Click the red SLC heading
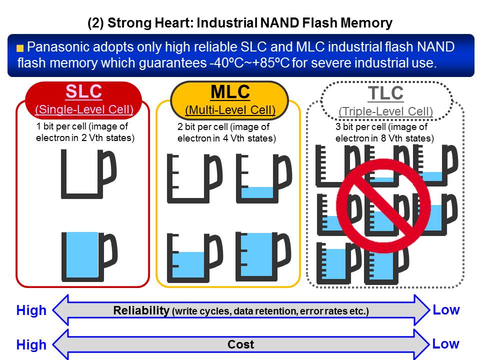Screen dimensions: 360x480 pyautogui.click(x=83, y=92)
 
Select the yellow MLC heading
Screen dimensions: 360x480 pyautogui.click(x=230, y=92)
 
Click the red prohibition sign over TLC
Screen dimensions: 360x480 pyautogui.click(x=384, y=200)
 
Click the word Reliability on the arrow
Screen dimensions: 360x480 pyautogui.click(x=141, y=310)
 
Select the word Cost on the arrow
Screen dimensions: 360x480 pyautogui.click(x=240, y=344)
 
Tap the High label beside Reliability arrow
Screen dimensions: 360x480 pyautogui.click(x=31, y=310)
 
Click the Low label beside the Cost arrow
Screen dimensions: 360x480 pyautogui.click(x=446, y=344)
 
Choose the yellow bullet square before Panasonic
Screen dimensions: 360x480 pyautogui.click(x=20, y=49)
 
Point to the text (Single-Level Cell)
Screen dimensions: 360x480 pyautogui.click(x=83, y=109)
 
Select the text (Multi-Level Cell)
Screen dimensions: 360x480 pyautogui.click(x=230, y=110)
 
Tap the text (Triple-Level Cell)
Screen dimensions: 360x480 pyautogui.click(x=385, y=111)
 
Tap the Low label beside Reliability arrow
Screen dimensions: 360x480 pyautogui.click(x=446, y=310)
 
